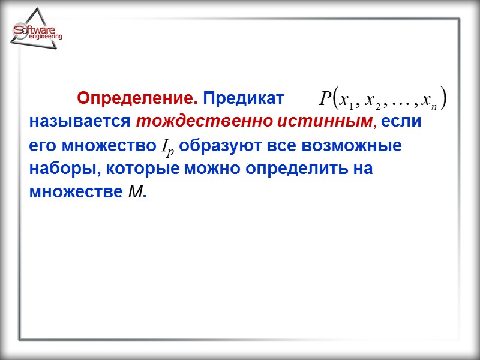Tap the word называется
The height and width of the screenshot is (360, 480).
click(x=80, y=121)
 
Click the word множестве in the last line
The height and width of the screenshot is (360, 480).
click(x=76, y=193)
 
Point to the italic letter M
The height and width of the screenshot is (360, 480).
click(x=136, y=193)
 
